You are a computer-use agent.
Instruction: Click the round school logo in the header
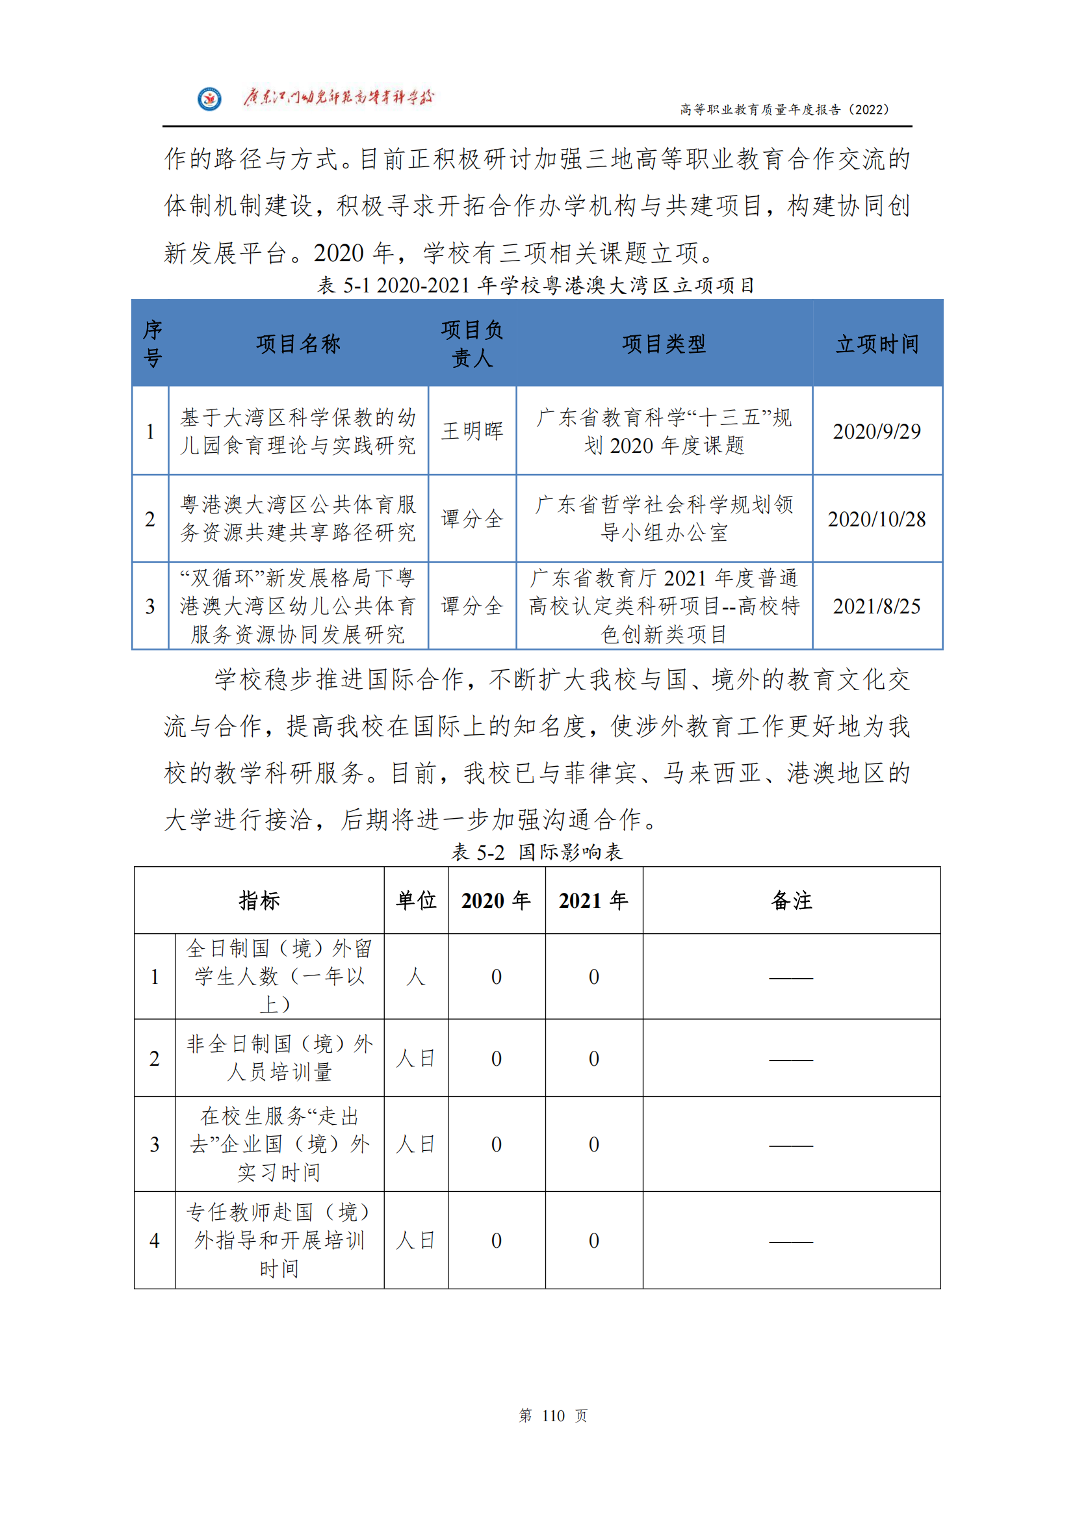[x=209, y=99]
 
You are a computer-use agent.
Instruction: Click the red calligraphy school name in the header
[x=337, y=98]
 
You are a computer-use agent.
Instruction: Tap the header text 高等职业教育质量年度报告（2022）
[x=784, y=110]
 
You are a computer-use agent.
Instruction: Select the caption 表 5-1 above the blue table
[x=536, y=285]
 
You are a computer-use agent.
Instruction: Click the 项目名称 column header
[x=298, y=344]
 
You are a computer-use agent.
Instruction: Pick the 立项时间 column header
[x=877, y=344]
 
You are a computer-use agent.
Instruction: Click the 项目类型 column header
[x=664, y=344]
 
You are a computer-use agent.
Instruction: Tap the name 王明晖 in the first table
[x=472, y=431]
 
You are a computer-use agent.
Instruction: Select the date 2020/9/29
[x=876, y=432]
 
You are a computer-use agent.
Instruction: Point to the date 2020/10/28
[x=876, y=519]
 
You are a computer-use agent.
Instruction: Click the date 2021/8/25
[x=876, y=606]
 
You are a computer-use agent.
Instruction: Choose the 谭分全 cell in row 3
[x=472, y=606]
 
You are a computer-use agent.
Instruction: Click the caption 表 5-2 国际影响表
[x=537, y=852]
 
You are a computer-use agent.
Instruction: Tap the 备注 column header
[x=791, y=900]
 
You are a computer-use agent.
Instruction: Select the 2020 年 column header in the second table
[x=496, y=900]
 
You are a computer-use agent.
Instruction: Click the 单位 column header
[x=416, y=900]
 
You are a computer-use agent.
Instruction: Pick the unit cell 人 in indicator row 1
[x=416, y=977]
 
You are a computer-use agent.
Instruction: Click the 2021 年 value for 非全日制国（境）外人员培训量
[x=594, y=1059]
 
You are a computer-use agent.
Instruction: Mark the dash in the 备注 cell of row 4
[x=791, y=1241]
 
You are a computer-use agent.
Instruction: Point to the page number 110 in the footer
[x=553, y=1415]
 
